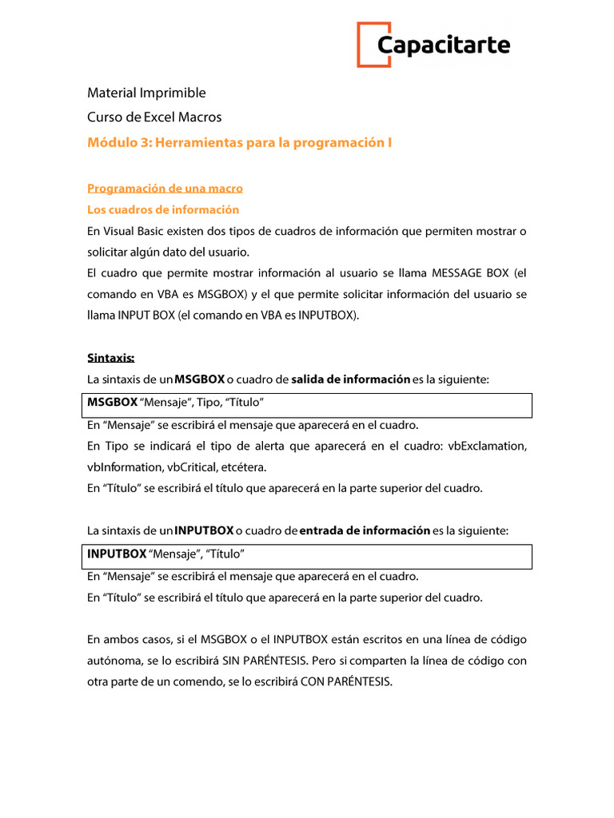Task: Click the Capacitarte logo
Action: [433, 45]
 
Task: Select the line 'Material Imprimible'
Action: [146, 93]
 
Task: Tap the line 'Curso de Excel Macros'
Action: [154, 117]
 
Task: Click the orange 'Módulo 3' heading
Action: [240, 142]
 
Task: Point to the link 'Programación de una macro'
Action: [165, 189]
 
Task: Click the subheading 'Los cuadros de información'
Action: [163, 209]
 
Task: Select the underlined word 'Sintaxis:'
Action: [110, 358]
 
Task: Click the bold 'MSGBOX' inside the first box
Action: [113, 402]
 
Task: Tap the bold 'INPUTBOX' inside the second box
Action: [117, 553]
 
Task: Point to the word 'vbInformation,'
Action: [125, 467]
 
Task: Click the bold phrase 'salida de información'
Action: [351, 379]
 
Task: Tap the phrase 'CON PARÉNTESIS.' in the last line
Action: [347, 683]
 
